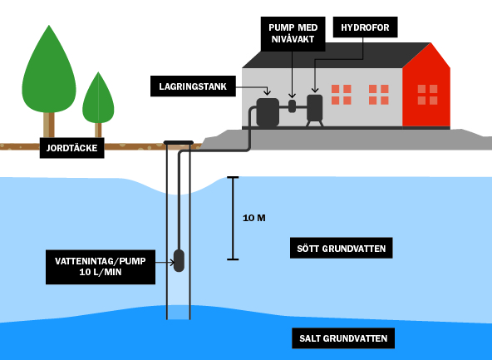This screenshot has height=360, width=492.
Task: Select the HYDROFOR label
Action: coord(365,27)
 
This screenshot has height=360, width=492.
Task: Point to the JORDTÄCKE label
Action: coord(72,149)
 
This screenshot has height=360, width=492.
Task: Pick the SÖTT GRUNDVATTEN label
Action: coord(341,248)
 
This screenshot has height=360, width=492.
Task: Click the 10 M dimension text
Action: coord(254,219)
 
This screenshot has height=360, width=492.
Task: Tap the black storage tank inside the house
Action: coord(268,112)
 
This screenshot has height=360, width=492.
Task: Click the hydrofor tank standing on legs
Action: coord(315,107)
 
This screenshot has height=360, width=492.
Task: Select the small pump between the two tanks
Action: coord(292,106)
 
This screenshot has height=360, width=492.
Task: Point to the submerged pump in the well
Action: coord(179,260)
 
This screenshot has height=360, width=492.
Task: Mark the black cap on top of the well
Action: coord(179,143)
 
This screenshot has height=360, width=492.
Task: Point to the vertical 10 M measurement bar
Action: coord(234,218)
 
